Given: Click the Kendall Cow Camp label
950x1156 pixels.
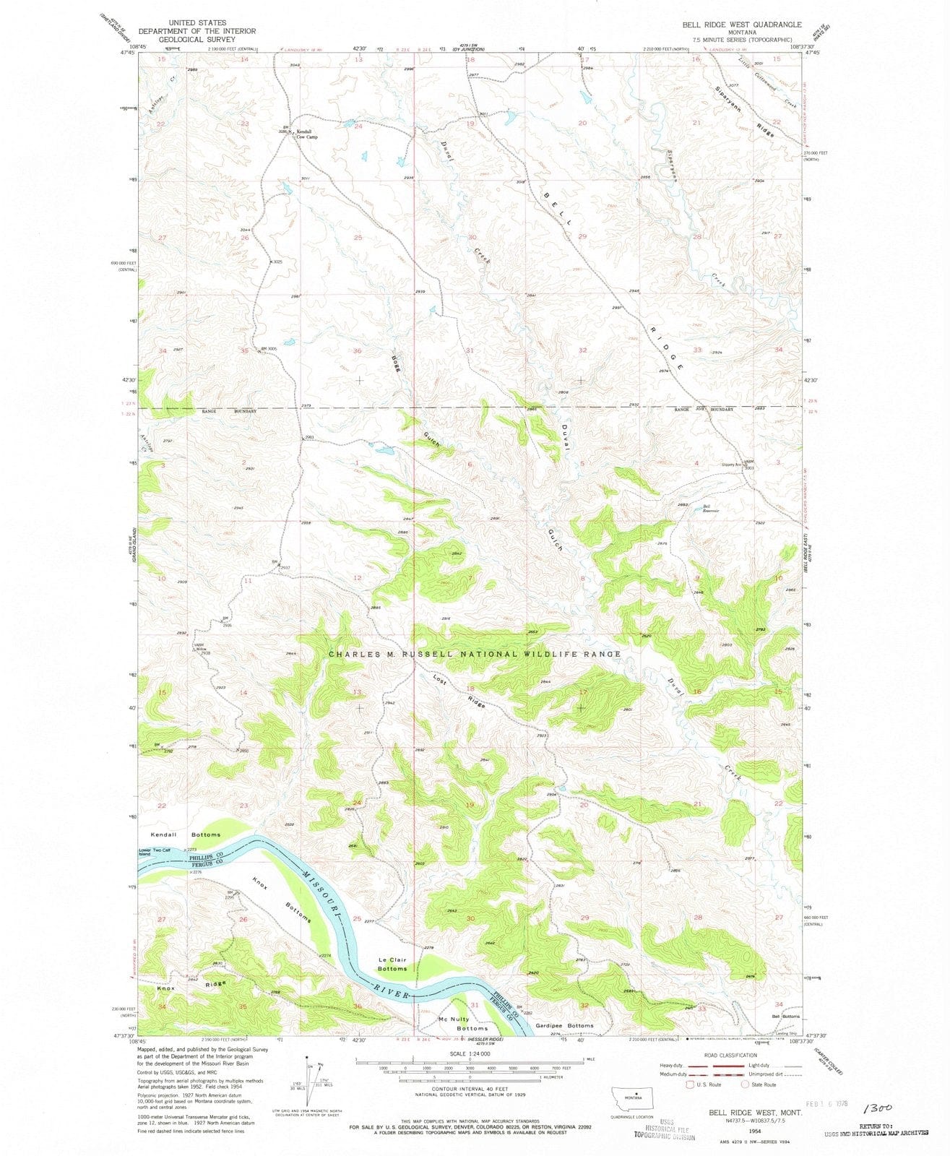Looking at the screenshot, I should (x=307, y=134).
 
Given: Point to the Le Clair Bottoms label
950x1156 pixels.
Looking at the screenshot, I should (x=393, y=965).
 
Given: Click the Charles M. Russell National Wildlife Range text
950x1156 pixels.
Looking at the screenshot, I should (x=475, y=654).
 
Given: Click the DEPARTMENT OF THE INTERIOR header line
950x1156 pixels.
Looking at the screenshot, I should (x=197, y=32).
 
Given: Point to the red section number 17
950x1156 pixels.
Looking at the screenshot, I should (x=582, y=692).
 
